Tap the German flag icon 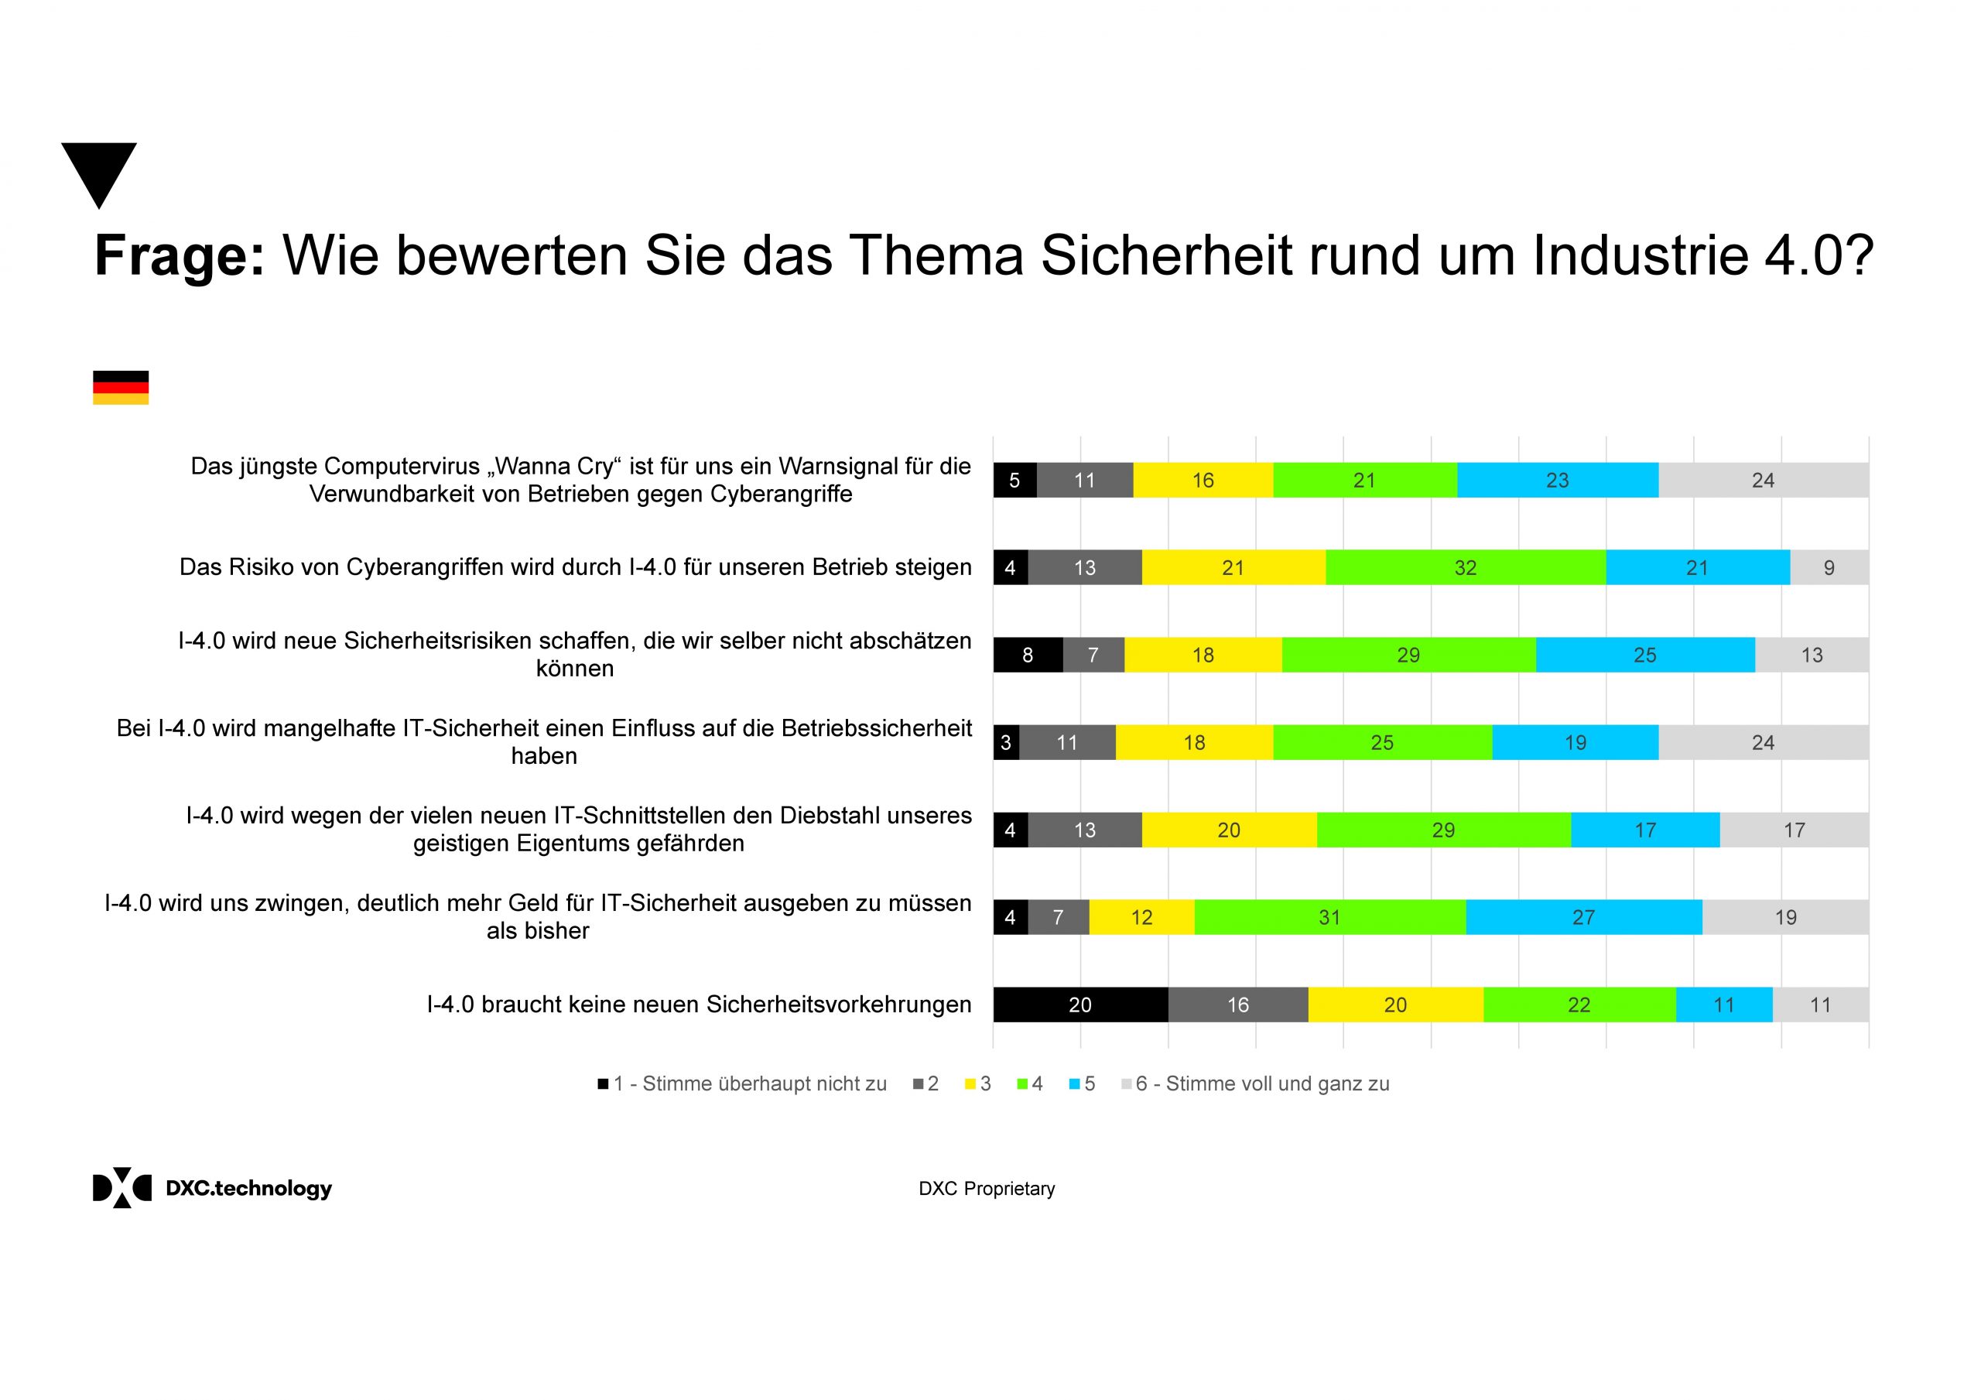pyautogui.click(x=121, y=388)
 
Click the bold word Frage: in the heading pyautogui.click(x=180, y=255)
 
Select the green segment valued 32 pyautogui.click(x=1465, y=568)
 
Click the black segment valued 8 pyautogui.click(x=1027, y=656)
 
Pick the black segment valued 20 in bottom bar pyautogui.click(x=1079, y=1005)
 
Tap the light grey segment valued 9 pyautogui.click(x=1829, y=568)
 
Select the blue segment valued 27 pyautogui.click(x=1583, y=918)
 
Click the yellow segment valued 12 pyautogui.click(x=1141, y=918)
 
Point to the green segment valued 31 pyautogui.click(x=1329, y=918)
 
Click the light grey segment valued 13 pyautogui.click(x=1811, y=656)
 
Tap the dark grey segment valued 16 pyautogui.click(x=1237, y=1005)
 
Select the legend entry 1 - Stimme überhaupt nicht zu pyautogui.click(x=742, y=1084)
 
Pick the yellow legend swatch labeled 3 pyautogui.click(x=970, y=1084)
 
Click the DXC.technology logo pyautogui.click(x=211, y=1189)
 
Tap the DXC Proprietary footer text pyautogui.click(x=986, y=1189)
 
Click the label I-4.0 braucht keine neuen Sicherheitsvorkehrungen pyautogui.click(x=698, y=1005)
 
